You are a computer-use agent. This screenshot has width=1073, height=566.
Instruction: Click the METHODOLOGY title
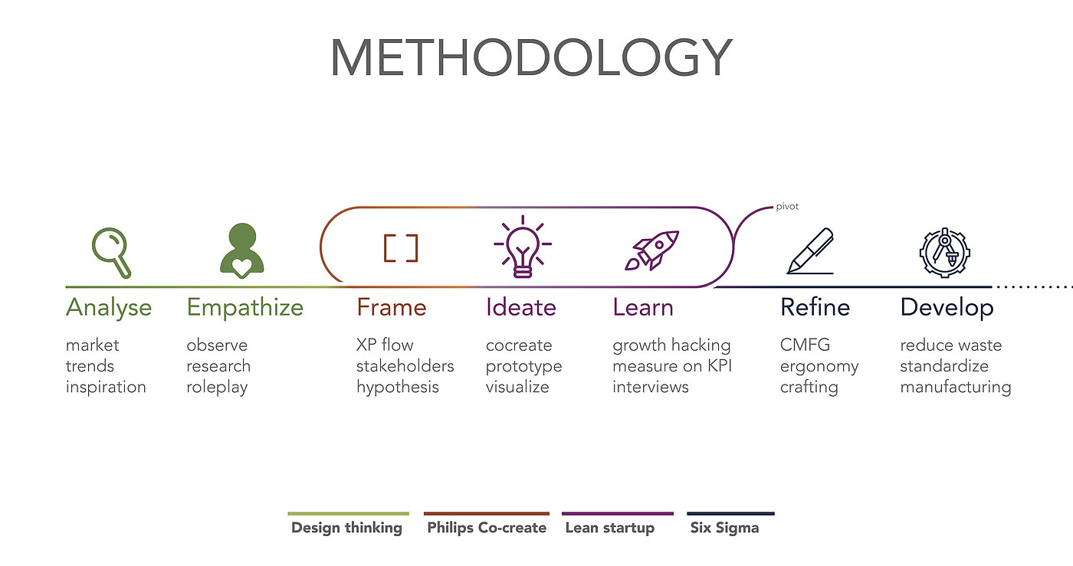coord(531,58)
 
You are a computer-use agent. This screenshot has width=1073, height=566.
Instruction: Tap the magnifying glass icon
coord(112,253)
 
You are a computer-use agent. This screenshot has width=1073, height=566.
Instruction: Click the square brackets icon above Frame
coord(401,248)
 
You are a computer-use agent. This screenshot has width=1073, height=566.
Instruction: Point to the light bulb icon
coord(523,247)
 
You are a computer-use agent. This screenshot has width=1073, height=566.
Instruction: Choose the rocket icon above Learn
coord(652,250)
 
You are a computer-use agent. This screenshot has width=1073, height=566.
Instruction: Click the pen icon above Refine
coord(811,251)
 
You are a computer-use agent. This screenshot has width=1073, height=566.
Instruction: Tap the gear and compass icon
coord(944,252)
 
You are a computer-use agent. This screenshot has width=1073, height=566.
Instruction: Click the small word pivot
coord(787,206)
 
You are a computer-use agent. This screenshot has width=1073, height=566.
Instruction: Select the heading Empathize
coord(244,307)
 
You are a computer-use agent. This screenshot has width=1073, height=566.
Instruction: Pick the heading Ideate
coord(520,307)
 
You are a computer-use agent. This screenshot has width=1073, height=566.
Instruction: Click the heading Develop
coord(947,307)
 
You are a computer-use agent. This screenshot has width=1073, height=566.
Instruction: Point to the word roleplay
coord(217,387)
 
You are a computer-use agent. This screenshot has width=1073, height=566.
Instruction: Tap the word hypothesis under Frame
coord(398,387)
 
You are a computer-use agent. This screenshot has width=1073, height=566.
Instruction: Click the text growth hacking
coord(671,345)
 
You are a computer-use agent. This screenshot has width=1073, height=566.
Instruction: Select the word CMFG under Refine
coord(805,345)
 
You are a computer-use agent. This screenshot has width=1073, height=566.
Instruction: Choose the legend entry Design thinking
coord(346,528)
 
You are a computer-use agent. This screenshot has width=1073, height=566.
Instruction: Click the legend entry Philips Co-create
coord(487,528)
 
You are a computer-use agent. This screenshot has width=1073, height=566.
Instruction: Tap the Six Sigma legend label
coord(725,528)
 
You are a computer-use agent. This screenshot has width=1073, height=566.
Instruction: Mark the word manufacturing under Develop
coord(956,387)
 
